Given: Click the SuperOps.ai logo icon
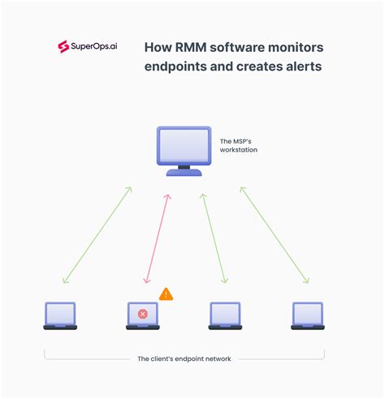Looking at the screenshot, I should (63, 47).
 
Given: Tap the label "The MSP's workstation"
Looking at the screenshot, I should (239, 145).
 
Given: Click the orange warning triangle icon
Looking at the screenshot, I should (166, 294).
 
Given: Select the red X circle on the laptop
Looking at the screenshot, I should (143, 313).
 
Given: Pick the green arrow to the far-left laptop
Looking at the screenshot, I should (97, 235).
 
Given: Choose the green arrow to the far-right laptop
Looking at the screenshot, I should (274, 235).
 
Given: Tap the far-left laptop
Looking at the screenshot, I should (60, 315).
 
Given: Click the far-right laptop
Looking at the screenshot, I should (308, 315).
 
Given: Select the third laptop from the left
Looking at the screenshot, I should (225, 315).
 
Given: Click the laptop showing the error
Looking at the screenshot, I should (143, 315).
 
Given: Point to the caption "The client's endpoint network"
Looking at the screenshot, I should (184, 358).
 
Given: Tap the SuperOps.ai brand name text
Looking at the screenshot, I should (97, 47).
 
